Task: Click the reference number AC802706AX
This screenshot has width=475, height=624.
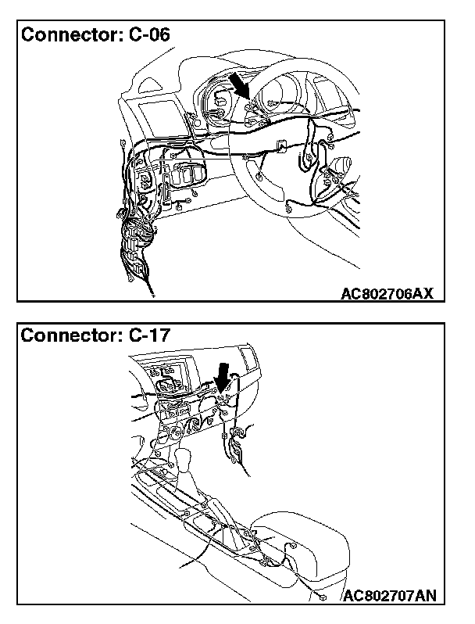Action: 387,293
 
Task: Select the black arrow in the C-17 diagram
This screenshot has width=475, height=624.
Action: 224,379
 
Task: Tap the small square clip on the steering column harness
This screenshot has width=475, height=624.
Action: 280,145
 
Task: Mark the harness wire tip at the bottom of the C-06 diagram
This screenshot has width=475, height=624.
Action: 151,295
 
